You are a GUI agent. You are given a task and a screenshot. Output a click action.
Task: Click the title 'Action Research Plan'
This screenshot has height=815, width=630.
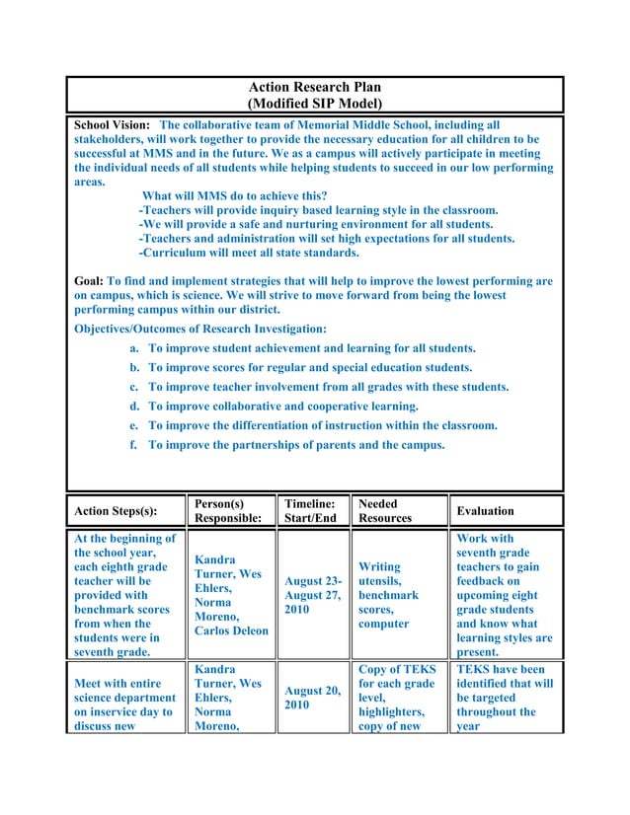coord(314,88)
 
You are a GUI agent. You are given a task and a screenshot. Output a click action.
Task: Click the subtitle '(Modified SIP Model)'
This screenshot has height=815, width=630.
coord(314,104)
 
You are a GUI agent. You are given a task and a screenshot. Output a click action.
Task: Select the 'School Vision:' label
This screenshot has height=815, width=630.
coord(114,126)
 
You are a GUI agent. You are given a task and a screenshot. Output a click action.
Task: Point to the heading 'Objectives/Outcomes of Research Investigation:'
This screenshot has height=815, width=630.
coord(201,329)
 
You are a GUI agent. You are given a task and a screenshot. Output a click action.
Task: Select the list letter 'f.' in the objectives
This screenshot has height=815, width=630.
coord(133,445)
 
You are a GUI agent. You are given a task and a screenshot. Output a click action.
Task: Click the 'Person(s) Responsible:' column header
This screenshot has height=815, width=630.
coord(229,510)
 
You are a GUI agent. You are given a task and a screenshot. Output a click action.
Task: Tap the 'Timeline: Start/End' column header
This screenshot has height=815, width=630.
coord(309,510)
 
